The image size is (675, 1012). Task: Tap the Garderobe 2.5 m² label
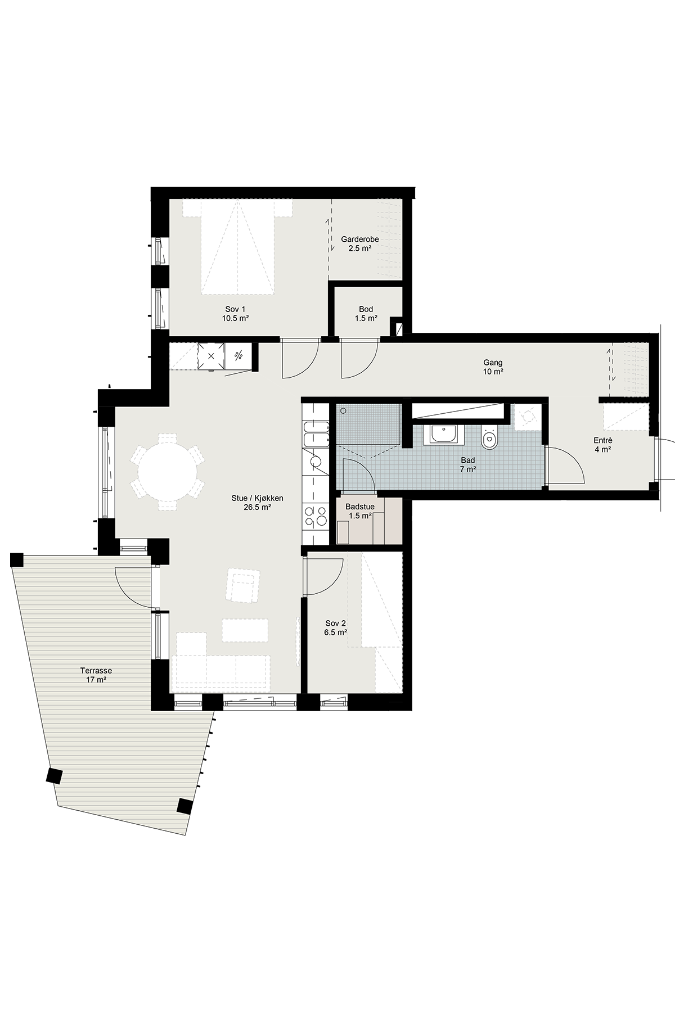(360, 243)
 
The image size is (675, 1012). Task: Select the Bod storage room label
(366, 314)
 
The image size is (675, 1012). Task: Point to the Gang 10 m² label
(493, 367)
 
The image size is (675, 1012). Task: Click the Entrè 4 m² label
(602, 445)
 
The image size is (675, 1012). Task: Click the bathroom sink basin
(444, 435)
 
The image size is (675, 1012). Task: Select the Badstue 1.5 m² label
(360, 511)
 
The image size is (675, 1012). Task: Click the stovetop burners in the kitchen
(315, 516)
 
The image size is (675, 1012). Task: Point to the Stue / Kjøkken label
(257, 502)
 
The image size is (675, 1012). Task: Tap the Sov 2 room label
(336, 627)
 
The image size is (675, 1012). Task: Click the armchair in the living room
(243, 585)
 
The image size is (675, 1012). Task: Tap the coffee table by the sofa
(245, 630)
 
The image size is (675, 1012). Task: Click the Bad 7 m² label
(467, 464)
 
